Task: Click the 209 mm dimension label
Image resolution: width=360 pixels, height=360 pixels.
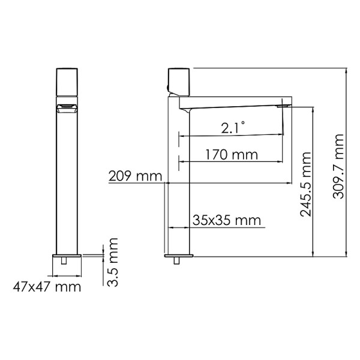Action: tap(135, 176)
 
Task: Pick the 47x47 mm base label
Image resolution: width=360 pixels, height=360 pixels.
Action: tap(47, 287)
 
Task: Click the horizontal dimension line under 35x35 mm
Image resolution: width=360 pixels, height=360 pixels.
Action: tap(216, 228)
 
